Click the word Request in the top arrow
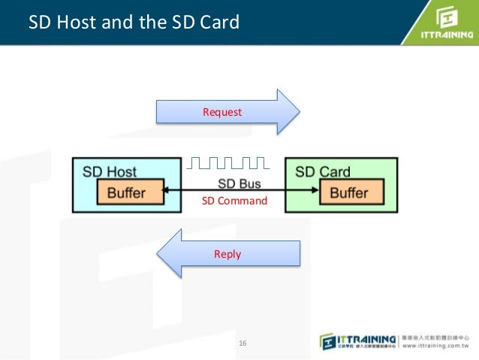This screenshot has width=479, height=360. (x=222, y=112)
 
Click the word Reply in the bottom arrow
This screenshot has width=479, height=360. (x=227, y=254)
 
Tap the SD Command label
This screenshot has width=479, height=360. (x=234, y=201)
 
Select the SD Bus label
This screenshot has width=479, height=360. (x=240, y=184)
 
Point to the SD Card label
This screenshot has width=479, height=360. (x=323, y=171)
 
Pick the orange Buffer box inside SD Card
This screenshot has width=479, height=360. (x=349, y=192)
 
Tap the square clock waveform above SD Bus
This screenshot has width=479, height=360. (x=227, y=162)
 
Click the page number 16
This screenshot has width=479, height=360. (x=243, y=343)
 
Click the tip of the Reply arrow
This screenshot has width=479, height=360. (x=157, y=254)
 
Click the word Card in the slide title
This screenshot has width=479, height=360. (x=221, y=23)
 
